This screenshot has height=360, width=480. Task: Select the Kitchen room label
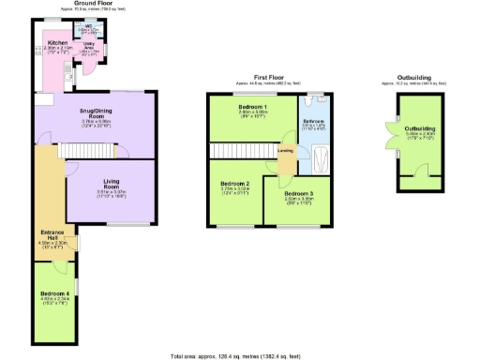click(58, 43)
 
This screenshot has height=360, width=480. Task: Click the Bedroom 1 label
click(253, 108)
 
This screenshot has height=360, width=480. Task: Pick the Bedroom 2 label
click(234, 183)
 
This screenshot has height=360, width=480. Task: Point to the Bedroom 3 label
click(297, 194)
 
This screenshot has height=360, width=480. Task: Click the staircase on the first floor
click(241, 151)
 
